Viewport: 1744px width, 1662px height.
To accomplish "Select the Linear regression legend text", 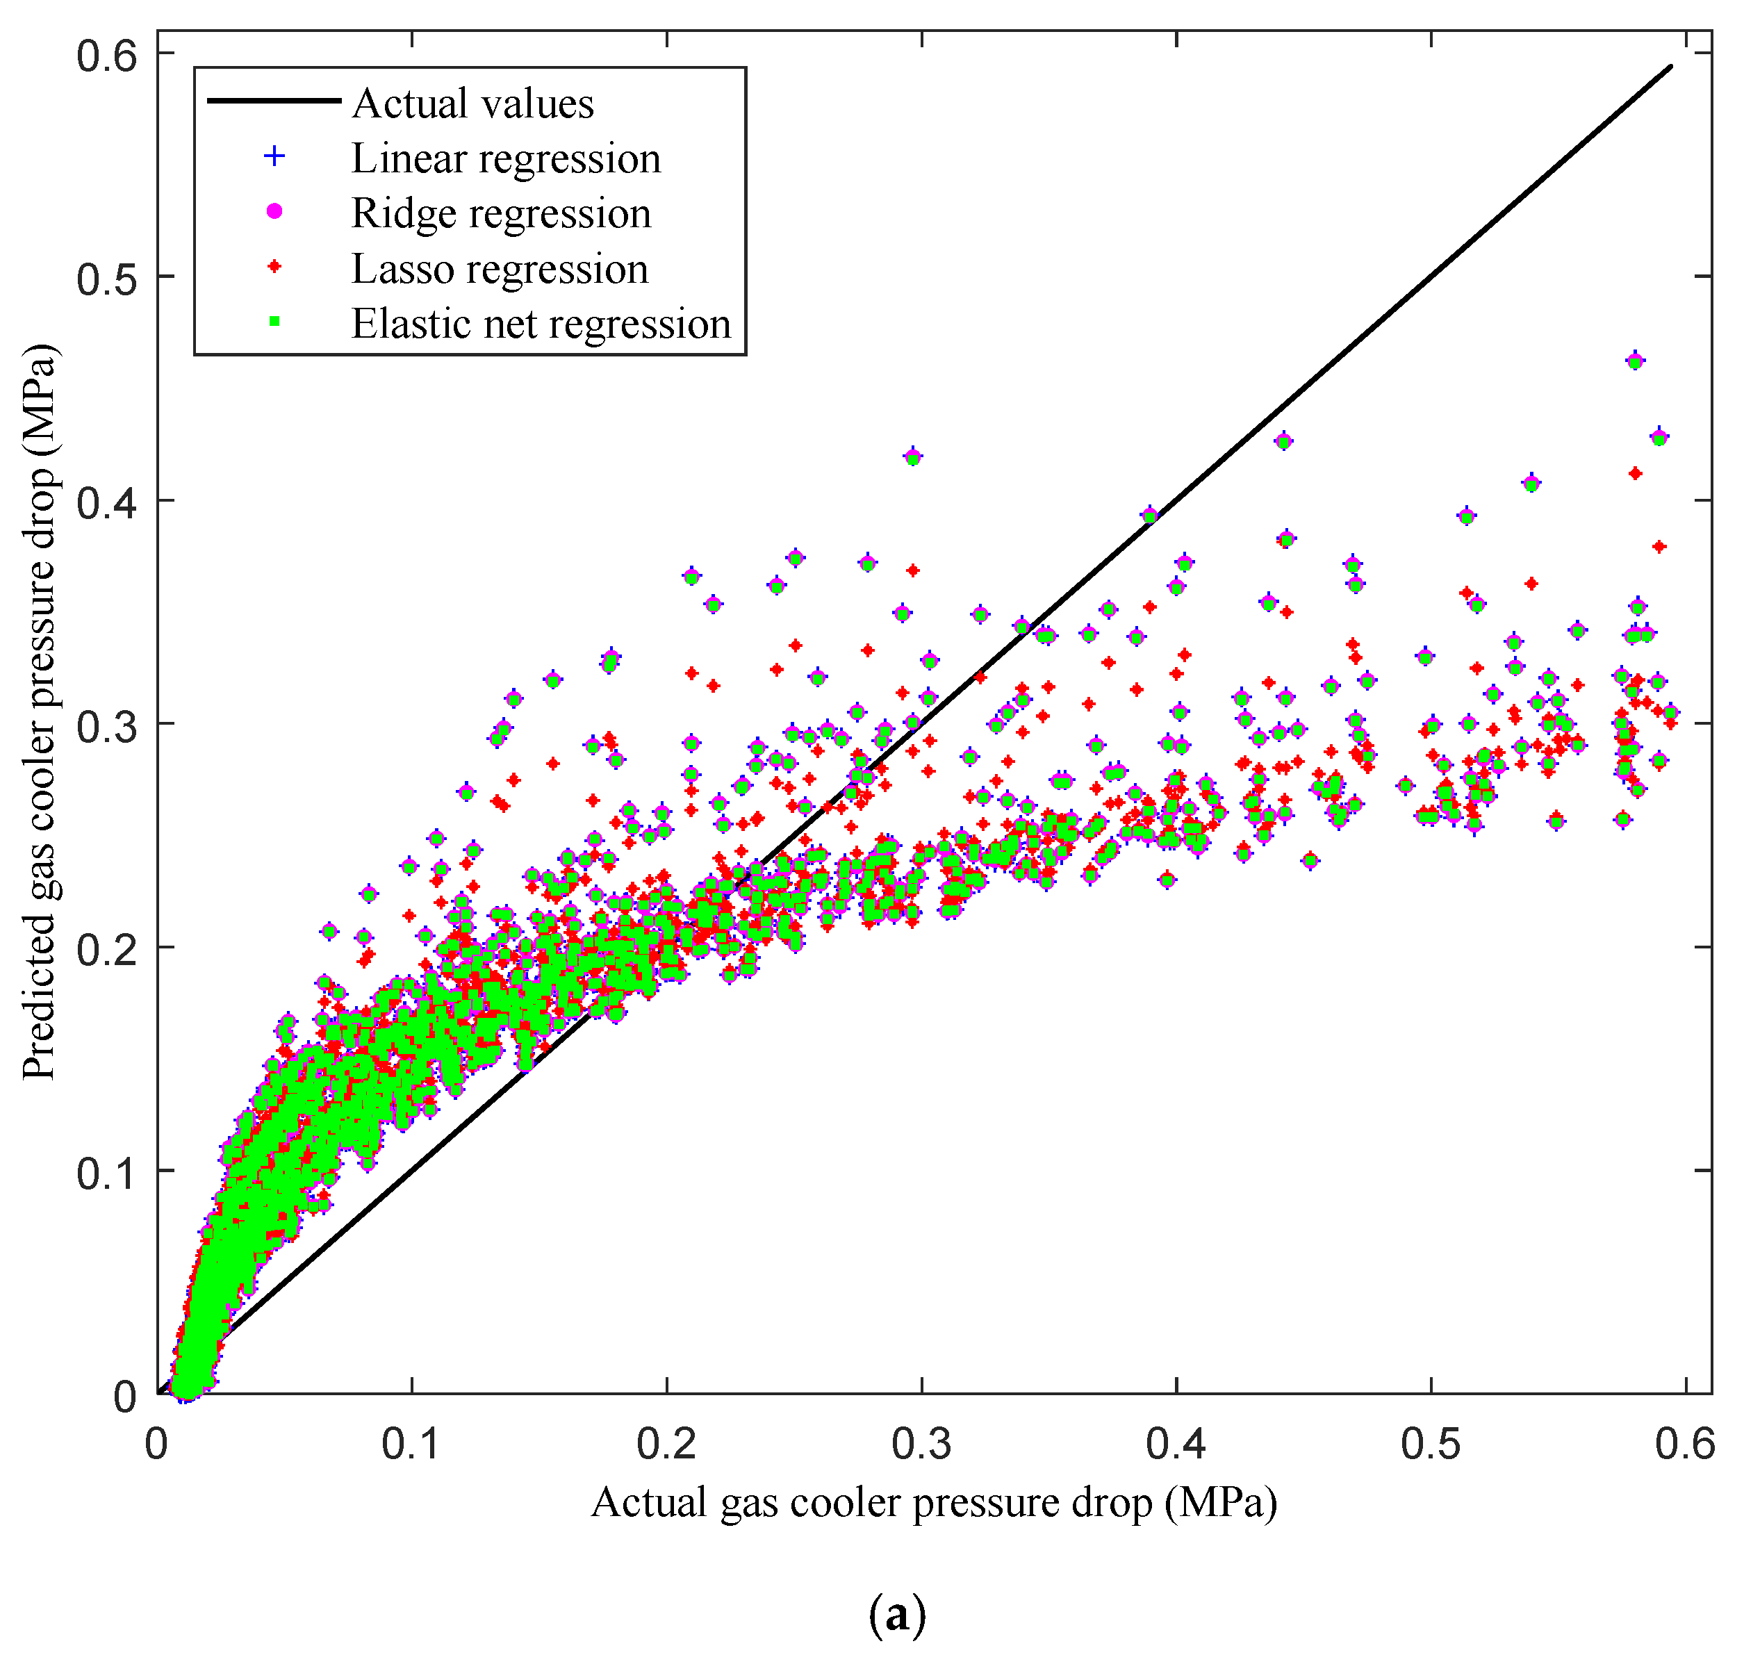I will pyautogui.click(x=506, y=158).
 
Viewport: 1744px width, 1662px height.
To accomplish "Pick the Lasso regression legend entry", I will pyautogui.click(x=500, y=268).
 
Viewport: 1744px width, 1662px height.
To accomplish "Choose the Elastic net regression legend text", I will pyautogui.click(x=541, y=323).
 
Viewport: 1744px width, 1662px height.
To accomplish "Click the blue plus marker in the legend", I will pyautogui.click(x=274, y=157).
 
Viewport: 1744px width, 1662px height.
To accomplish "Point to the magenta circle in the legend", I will pyautogui.click(x=274, y=211).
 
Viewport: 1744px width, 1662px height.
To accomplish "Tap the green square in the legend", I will pyautogui.click(x=274, y=322).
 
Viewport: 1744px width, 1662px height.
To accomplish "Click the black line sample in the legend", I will pyautogui.click(x=274, y=101).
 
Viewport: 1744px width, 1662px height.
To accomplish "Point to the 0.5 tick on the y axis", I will pyautogui.click(x=107, y=278).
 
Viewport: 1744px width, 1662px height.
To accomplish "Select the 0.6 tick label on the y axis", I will pyautogui.click(x=107, y=55).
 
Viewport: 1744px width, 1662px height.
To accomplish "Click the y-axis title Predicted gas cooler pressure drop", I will pyautogui.click(x=40, y=712).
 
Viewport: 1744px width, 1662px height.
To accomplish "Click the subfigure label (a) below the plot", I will pyautogui.click(x=896, y=1615).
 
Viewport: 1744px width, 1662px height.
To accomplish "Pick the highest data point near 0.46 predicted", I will pyautogui.click(x=1635, y=361).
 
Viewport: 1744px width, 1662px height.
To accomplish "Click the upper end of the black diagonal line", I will pyautogui.click(x=1670, y=67).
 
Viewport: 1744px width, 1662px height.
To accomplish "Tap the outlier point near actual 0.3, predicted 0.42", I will pyautogui.click(x=912, y=457).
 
